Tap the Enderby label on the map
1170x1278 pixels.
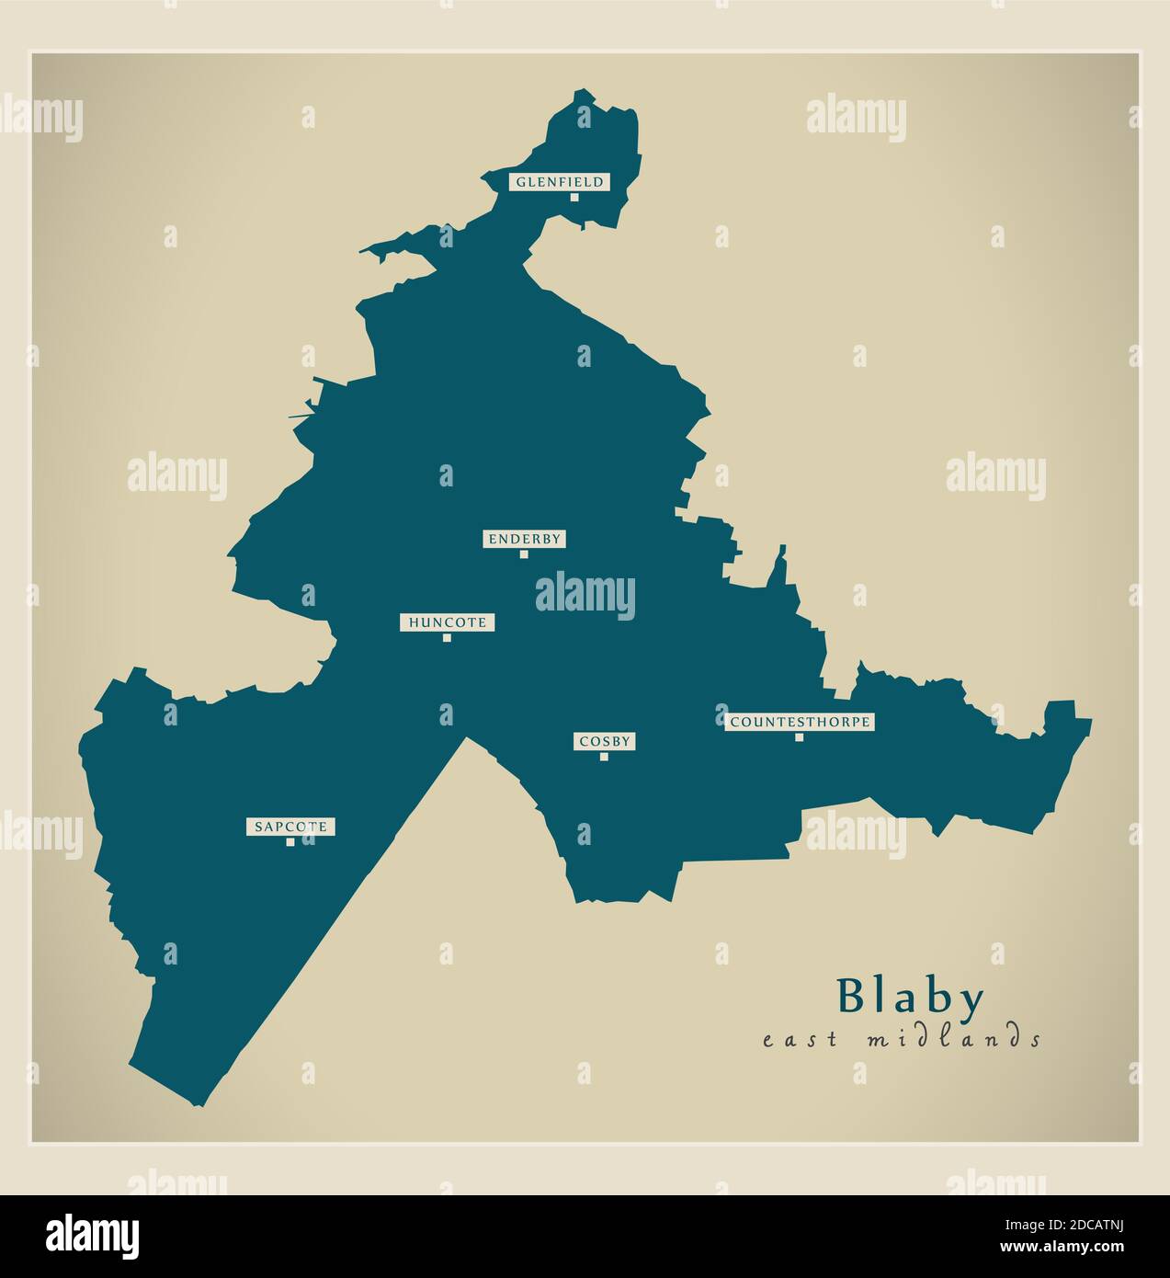pyautogui.click(x=524, y=540)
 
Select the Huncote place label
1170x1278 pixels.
pyautogui.click(x=448, y=622)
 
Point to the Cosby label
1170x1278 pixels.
pyautogui.click(x=605, y=741)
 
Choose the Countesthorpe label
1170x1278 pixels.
pyautogui.click(x=800, y=722)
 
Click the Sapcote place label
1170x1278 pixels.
pyautogui.click(x=290, y=827)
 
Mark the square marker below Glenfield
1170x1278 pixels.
pyautogui.click(x=574, y=197)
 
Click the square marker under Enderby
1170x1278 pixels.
pyautogui.click(x=524, y=554)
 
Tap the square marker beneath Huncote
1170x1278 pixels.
pyautogui.click(x=447, y=637)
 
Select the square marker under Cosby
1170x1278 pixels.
pyautogui.click(x=604, y=757)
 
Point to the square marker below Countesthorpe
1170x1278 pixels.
pyautogui.click(x=799, y=736)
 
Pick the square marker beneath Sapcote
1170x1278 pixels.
pyautogui.click(x=290, y=842)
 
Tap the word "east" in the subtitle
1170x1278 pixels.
pyautogui.click(x=800, y=1040)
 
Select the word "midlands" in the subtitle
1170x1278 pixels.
pyautogui.click(x=954, y=1039)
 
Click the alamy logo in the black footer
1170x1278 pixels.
pyautogui.click(x=95, y=1236)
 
